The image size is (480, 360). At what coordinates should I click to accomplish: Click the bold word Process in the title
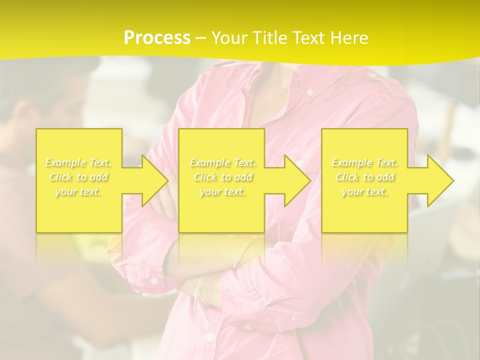[157, 38]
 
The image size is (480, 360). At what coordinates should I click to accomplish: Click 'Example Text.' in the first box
[78, 162]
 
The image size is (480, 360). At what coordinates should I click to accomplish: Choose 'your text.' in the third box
[364, 191]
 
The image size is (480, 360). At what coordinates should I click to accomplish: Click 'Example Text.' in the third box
[364, 162]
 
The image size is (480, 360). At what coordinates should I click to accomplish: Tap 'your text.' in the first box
[78, 191]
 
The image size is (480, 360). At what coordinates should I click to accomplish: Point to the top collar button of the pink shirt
[310, 92]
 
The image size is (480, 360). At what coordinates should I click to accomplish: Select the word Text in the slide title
[309, 38]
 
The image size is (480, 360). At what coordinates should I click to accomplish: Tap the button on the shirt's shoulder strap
[371, 76]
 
